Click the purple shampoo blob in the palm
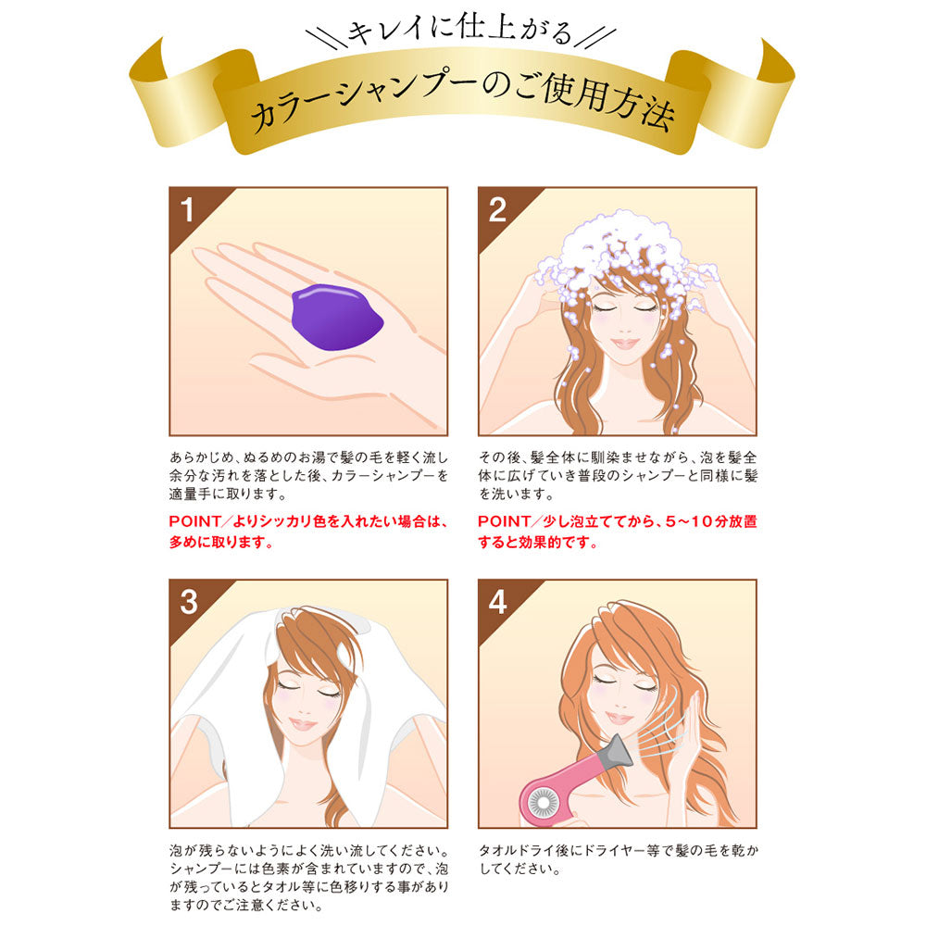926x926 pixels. point(334,316)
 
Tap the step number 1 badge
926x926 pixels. point(188,210)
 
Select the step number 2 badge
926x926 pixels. point(497,210)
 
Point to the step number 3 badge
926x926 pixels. point(188,602)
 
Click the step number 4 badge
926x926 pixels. point(497,602)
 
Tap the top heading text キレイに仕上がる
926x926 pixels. point(460,34)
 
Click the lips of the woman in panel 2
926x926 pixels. point(626,344)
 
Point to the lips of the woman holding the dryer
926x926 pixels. point(619,719)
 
